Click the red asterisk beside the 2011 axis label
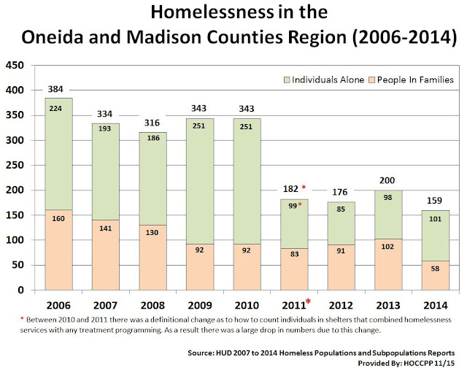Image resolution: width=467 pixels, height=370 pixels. (308, 301)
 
